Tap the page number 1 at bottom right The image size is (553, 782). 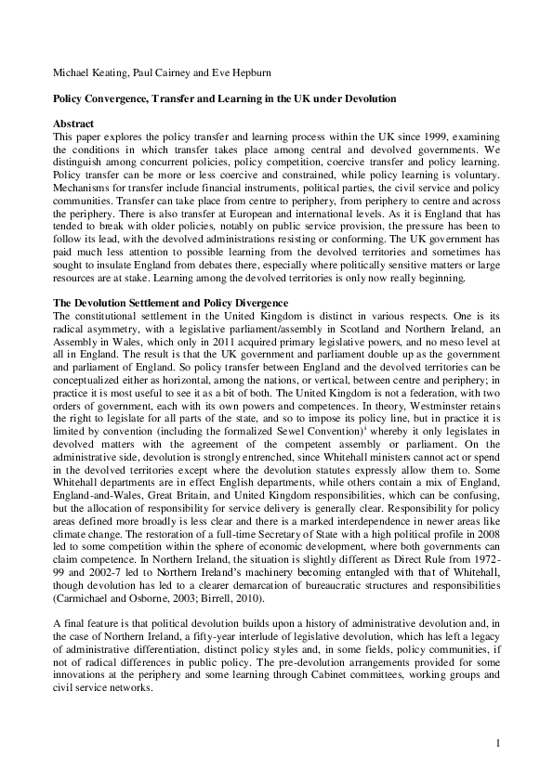tap(498, 742)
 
